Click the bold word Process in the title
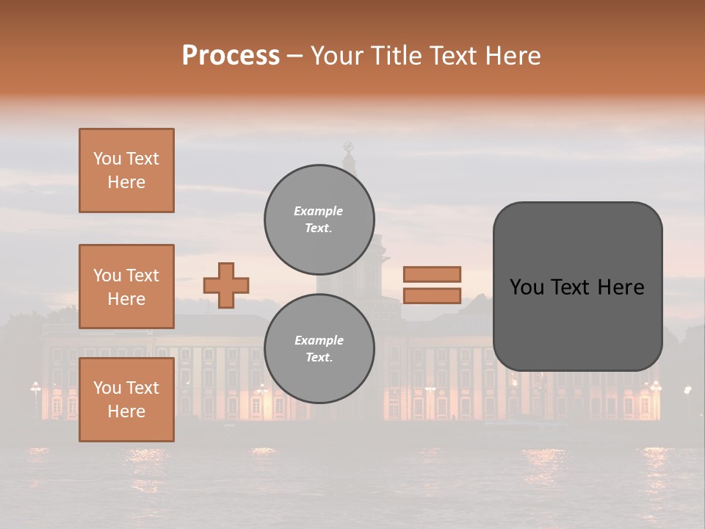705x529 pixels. coord(231,56)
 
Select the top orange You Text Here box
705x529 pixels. coord(126,170)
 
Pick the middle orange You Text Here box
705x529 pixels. coord(126,287)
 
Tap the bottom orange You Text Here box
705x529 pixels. coord(126,400)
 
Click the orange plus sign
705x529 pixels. coord(226,285)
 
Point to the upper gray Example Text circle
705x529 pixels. coord(319,220)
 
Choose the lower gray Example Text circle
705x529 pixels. coord(319,349)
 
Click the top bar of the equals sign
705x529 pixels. coord(432,274)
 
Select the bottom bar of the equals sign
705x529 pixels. coord(432,296)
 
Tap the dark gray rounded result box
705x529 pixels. coord(577,323)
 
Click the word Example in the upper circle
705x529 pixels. coord(319,211)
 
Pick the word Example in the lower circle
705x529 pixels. coord(319,340)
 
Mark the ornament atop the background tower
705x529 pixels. coord(349,147)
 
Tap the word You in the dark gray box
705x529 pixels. coord(527,287)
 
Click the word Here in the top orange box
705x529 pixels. coord(126,182)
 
